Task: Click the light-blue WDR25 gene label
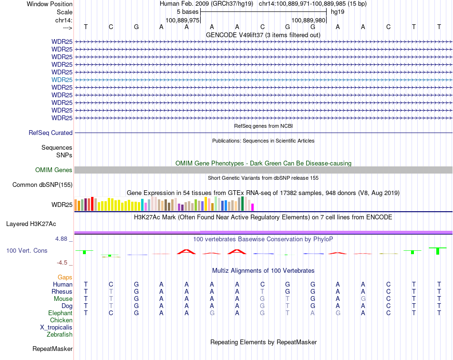62,80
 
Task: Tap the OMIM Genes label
54,170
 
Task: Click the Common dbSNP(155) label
42,185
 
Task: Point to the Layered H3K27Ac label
31,224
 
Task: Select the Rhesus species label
62,292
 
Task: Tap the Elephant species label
60,313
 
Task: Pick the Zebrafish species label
60,335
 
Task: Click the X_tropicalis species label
56,328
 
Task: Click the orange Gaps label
65,277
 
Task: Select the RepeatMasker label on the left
52,349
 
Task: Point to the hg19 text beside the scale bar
338,11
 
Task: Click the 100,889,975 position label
182,21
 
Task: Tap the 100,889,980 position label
308,21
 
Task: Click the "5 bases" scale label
187,11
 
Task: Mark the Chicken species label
61,320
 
